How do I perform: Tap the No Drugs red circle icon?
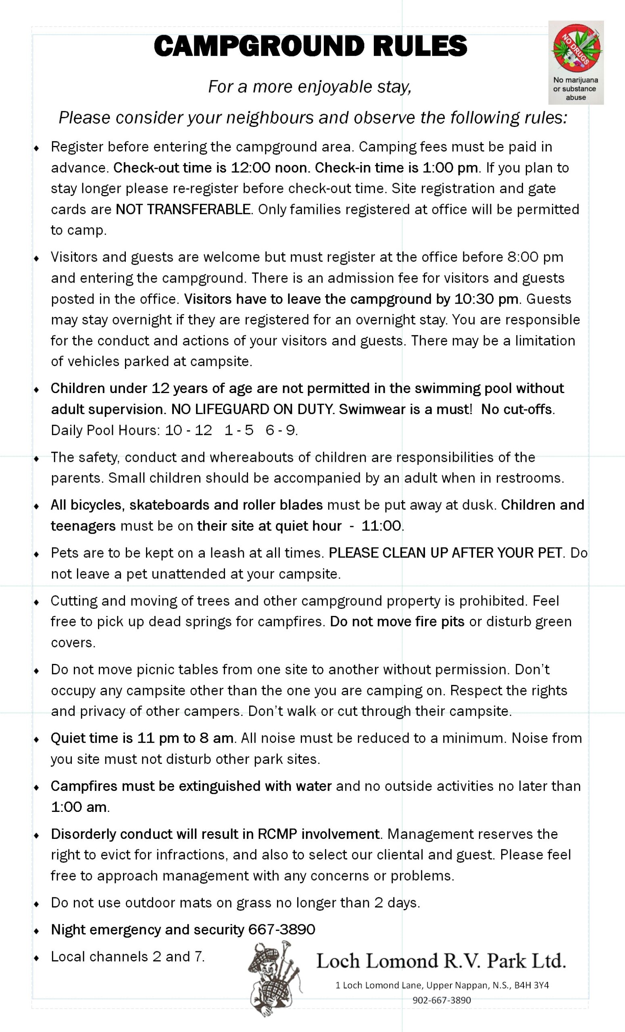pos(576,46)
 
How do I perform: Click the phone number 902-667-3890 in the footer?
pos(442,1000)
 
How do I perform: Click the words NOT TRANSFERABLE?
pos(183,209)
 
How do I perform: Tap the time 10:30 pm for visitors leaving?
pos(486,299)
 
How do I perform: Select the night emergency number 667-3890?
pos(281,930)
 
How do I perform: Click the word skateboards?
pos(169,505)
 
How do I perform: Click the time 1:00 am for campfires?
pos(78,807)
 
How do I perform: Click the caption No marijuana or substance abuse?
pos(575,88)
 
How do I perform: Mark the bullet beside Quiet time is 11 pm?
pos(36,739)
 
